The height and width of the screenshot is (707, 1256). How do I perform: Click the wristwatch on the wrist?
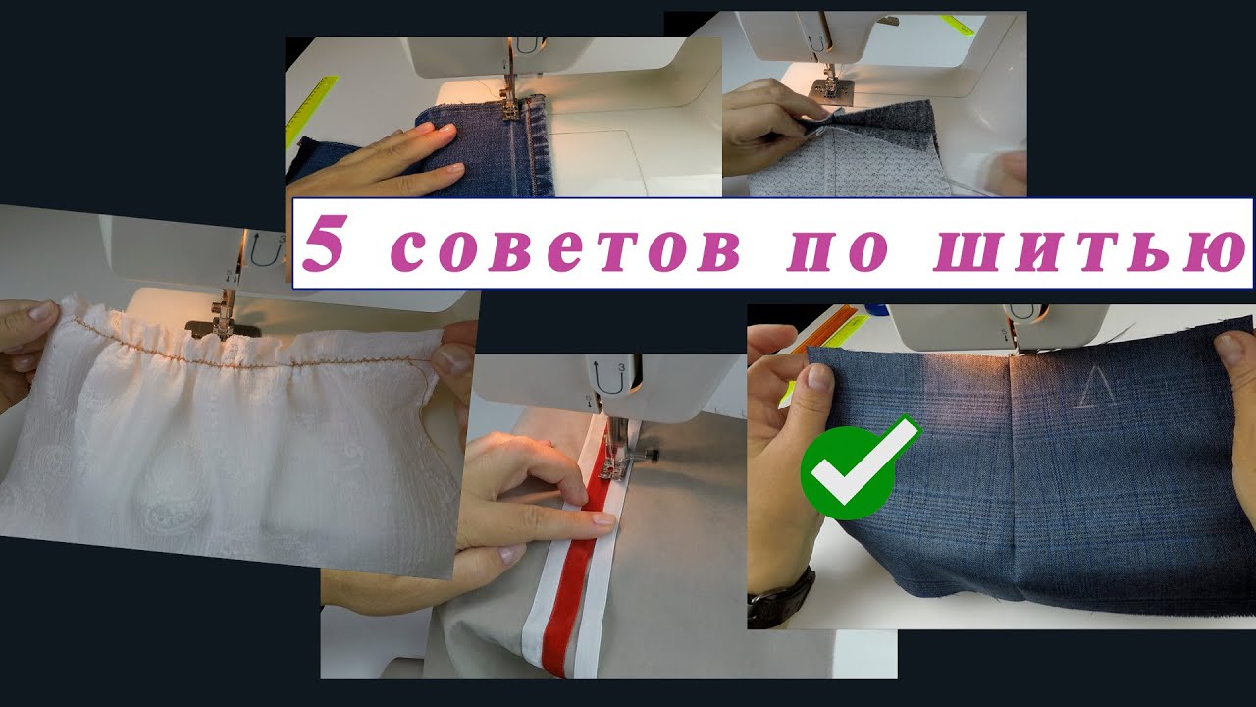pyautogui.click(x=781, y=600)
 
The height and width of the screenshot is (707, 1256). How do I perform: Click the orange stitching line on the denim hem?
pyautogui.click(x=530, y=147)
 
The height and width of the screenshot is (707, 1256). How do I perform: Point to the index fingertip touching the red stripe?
pyautogui.click(x=602, y=518)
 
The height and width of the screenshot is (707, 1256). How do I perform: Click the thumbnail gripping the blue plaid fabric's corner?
pyautogui.click(x=819, y=377)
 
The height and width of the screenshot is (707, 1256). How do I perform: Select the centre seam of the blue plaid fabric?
pyautogui.click(x=1014, y=477)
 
